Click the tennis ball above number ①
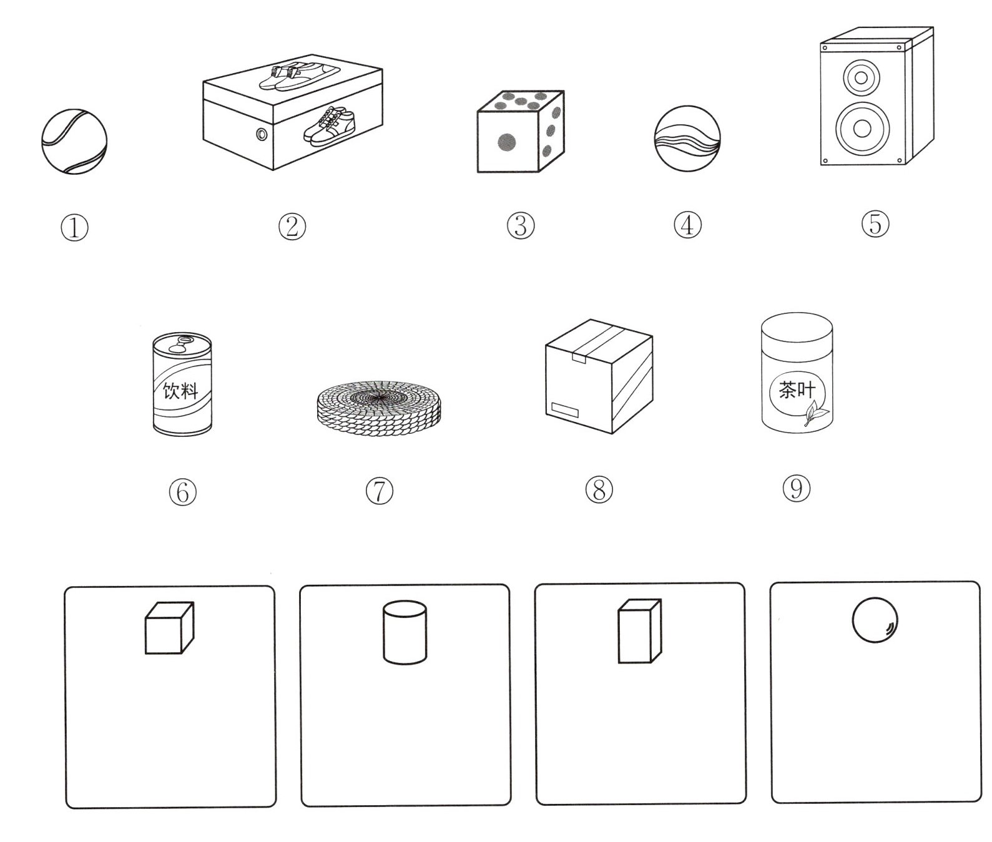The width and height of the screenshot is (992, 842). pos(74,142)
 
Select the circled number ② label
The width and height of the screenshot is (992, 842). pos(292,227)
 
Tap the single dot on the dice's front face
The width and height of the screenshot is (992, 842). pos(507,142)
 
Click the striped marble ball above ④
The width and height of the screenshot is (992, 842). pos(687,139)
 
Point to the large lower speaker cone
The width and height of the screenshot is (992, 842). pos(862,129)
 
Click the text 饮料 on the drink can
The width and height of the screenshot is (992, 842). pos(180,391)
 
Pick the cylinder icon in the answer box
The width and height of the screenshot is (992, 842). pos(405,632)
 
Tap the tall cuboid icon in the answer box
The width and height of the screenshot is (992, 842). pos(639,631)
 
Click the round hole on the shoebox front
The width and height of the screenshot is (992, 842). pos(262,134)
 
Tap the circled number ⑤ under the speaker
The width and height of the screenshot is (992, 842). pos(875,224)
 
